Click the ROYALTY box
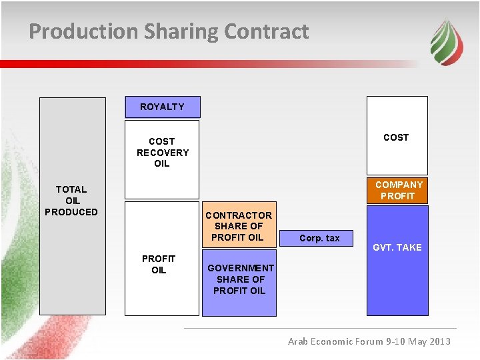coord(162,107)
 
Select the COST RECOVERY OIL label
coord(162,153)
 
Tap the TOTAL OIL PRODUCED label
coord(71,201)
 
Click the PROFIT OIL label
coord(159,265)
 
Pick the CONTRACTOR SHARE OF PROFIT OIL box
coord(239,226)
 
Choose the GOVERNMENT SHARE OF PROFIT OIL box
coord(239,279)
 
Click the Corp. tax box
coord(319,238)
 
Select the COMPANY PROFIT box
coord(398,190)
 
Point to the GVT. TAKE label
coord(397,247)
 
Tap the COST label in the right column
coord(396,137)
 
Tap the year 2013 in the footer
coord(439,341)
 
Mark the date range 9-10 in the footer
coord(397,341)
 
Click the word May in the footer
coord(418,341)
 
